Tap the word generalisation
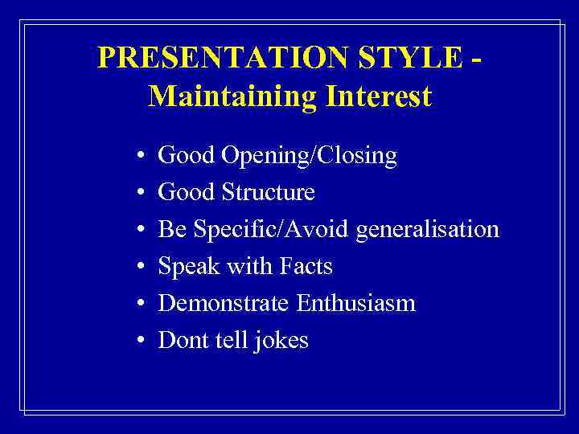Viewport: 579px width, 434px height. (428, 230)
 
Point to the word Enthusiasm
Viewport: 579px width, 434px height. (355, 304)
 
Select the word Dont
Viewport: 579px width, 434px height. (182, 341)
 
